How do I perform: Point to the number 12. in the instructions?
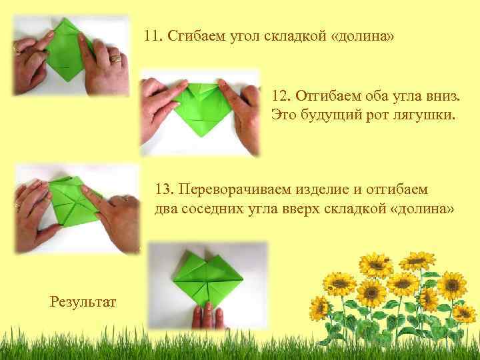(283, 98)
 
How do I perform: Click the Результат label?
(83, 302)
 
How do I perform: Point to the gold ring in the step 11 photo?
(116, 59)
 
